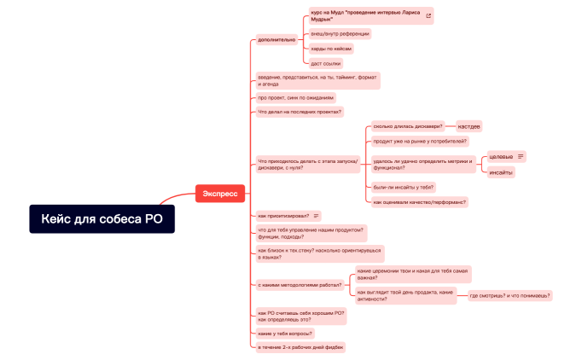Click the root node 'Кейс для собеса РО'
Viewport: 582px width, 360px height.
click(x=102, y=219)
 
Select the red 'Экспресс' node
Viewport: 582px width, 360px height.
click(x=221, y=194)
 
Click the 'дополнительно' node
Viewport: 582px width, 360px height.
click(x=276, y=39)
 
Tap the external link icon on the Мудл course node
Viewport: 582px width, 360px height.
click(x=428, y=15)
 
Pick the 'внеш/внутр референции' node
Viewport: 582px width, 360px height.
click(x=340, y=33)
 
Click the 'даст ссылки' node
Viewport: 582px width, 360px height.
click(x=325, y=63)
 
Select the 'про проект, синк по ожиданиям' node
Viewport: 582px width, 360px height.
click(x=296, y=97)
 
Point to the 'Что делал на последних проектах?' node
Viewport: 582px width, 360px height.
click(x=300, y=112)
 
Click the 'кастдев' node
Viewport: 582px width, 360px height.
click(x=469, y=126)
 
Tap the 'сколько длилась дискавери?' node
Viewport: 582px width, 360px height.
click(x=408, y=125)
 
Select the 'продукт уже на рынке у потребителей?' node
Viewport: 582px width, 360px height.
click(x=419, y=141)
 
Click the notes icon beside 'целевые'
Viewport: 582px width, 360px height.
click(x=521, y=156)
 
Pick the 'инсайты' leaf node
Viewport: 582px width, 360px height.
click(x=501, y=172)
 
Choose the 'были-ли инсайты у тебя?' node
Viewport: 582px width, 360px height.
click(x=404, y=187)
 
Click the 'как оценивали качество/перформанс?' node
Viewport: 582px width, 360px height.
click(x=419, y=202)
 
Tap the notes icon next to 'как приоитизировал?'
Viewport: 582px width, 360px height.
click(x=317, y=216)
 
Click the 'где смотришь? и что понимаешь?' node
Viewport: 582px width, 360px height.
click(x=510, y=295)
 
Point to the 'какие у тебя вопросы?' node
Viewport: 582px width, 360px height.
click(x=285, y=333)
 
